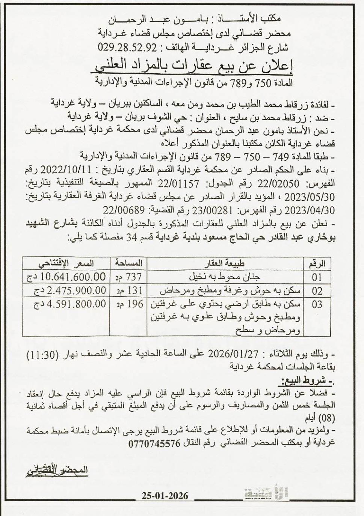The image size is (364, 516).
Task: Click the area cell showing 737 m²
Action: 128,277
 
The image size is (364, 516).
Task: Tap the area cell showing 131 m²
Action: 128,291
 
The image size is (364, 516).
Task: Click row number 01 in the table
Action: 317,278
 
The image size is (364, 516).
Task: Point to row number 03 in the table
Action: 317,304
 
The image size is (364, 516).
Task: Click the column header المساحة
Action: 128,263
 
